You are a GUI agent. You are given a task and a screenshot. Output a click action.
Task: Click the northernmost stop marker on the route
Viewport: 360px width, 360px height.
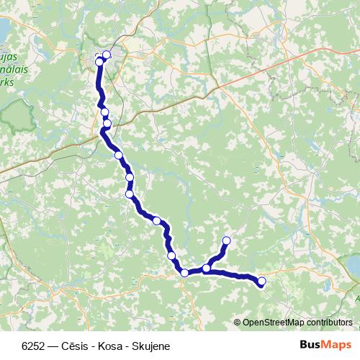107,55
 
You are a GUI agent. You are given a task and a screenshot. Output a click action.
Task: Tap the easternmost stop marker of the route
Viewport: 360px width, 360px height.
261,282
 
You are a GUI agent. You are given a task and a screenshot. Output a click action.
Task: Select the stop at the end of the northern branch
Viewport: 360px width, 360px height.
227,240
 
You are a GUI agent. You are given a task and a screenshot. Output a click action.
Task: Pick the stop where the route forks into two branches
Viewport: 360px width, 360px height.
207,269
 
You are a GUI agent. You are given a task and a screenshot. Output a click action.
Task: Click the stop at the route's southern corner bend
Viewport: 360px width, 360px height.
184,273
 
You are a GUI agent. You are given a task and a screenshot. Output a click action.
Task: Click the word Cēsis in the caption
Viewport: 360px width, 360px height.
76,346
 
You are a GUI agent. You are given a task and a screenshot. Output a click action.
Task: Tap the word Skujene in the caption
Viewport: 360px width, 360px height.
150,346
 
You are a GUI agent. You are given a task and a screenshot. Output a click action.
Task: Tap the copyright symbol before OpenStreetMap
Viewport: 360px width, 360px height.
238,323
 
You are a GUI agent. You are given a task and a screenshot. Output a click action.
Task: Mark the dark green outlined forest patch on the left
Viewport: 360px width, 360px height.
17,116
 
